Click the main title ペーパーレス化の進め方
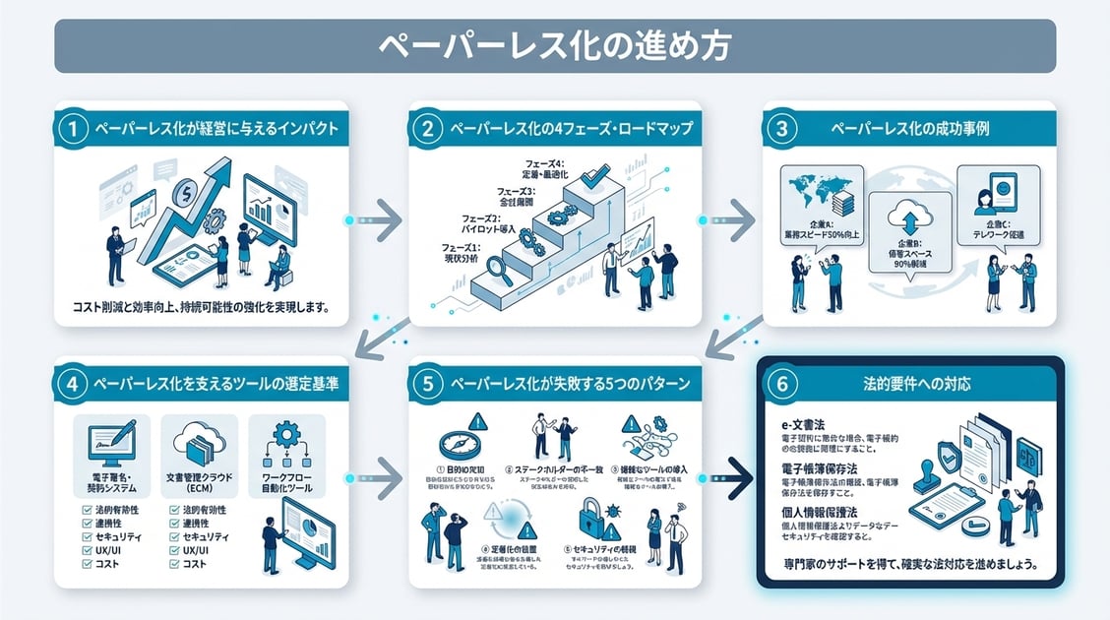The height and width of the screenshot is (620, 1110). pyautogui.click(x=554, y=45)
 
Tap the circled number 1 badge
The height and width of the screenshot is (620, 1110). pyautogui.click(x=73, y=129)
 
